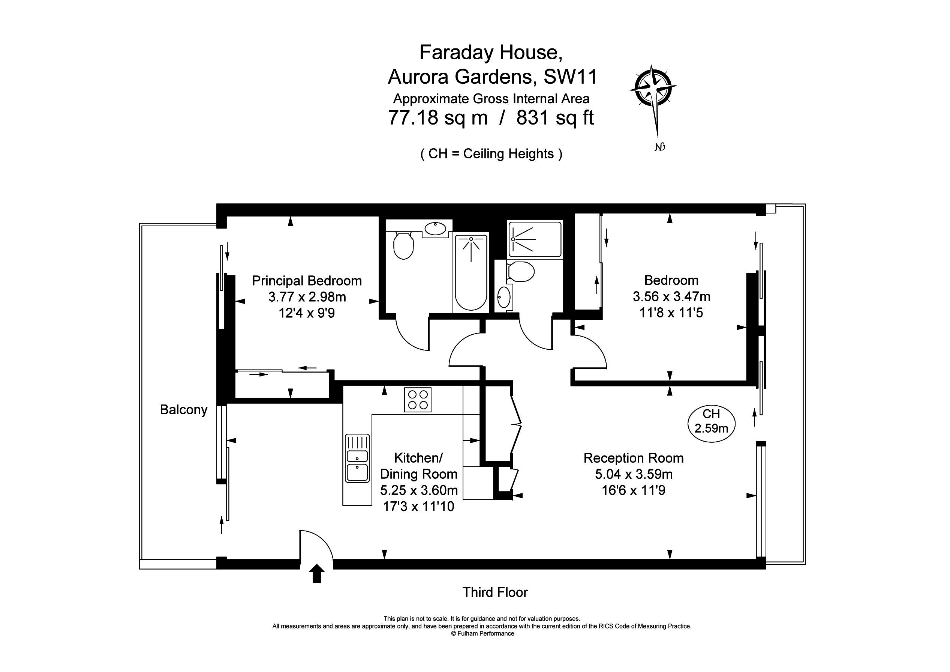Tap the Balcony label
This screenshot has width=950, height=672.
tap(183, 410)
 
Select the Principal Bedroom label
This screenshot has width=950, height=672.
tap(307, 281)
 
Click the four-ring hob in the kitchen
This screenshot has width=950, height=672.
tap(418, 400)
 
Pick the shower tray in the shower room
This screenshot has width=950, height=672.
tap(535, 239)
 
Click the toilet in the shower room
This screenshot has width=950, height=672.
tap(520, 271)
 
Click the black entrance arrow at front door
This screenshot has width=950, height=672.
tap(316, 573)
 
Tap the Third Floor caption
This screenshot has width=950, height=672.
tap(495, 592)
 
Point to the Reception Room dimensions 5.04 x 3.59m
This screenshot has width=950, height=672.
tap(634, 474)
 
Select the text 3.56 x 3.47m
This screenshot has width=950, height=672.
tap(671, 296)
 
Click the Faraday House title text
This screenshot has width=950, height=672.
tap(491, 53)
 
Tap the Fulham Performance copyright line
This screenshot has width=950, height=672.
tap(482, 633)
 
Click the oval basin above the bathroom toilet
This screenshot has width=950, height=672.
tap(435, 228)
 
